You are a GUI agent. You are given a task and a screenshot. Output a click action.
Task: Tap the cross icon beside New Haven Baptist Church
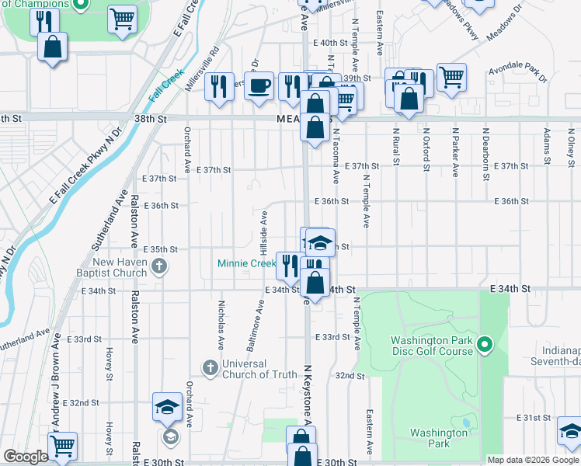point(159,268)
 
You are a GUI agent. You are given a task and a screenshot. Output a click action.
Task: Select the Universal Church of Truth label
point(259,369)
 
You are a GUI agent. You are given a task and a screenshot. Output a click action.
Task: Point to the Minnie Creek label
point(246,264)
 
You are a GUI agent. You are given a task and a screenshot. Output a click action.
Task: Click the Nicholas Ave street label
point(221,325)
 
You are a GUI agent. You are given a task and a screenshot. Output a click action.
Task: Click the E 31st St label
point(536,418)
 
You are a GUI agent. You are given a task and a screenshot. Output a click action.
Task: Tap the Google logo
point(26,457)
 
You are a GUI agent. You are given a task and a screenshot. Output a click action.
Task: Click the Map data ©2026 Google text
point(532,460)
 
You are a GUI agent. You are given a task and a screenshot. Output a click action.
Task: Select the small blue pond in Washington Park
point(464,423)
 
